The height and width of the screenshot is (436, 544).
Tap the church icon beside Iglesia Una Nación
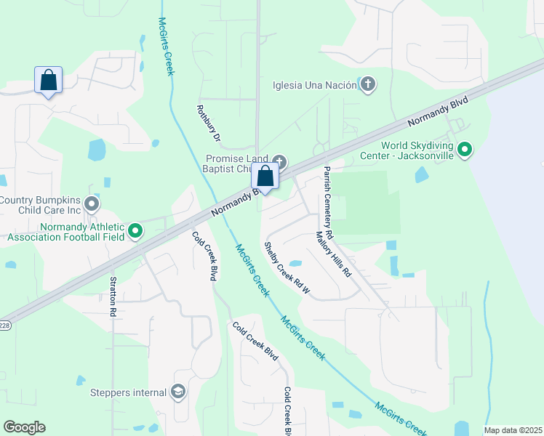368,85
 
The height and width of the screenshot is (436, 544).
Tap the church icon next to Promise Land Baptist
280,161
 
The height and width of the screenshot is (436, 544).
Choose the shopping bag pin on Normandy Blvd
265,177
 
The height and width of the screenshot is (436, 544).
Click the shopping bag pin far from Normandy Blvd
48,81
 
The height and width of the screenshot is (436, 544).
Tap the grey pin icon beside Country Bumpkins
92,203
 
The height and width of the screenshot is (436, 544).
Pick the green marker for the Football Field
135,231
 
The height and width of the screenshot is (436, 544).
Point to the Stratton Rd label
113,296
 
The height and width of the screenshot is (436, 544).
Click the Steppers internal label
129,393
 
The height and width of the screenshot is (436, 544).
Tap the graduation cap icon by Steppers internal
177,392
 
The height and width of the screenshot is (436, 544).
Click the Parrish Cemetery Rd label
328,203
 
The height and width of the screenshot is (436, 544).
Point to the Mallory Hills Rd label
333,254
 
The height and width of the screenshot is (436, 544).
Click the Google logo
24,427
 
